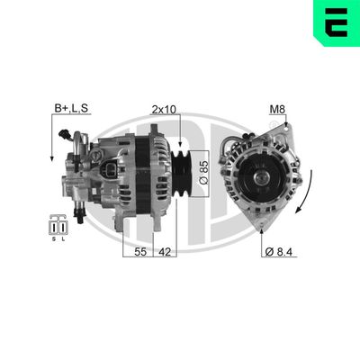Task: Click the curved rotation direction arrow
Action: pos(309,198)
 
